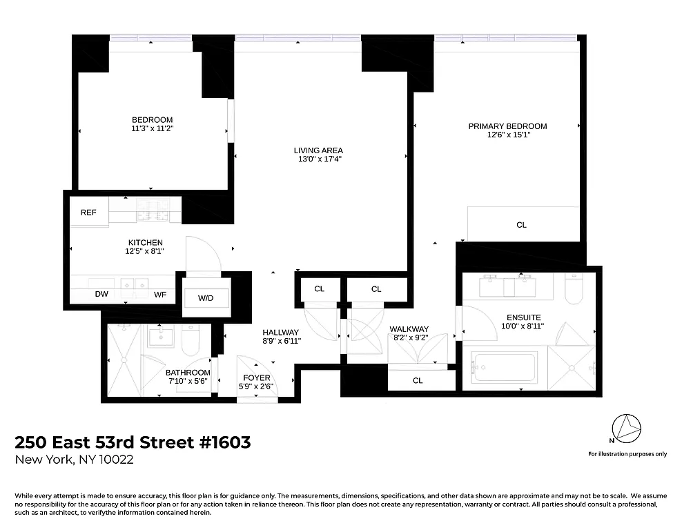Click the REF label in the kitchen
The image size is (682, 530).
tap(88, 213)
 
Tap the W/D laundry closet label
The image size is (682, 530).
tap(206, 299)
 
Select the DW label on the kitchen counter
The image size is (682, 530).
tap(101, 295)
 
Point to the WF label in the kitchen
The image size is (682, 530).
tap(160, 295)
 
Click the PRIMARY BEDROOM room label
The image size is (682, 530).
tap(507, 126)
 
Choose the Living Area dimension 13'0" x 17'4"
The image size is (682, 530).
tap(318, 159)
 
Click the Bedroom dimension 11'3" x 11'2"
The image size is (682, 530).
tap(152, 128)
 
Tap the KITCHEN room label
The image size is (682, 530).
tap(146, 243)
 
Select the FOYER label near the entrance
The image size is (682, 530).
tap(256, 378)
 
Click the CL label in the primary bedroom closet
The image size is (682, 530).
tap(522, 225)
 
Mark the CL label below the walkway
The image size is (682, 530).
tap(418, 381)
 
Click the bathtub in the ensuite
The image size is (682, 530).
tap(504, 367)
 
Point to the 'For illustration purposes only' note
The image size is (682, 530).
tap(627, 454)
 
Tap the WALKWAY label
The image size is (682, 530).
tap(409, 329)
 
